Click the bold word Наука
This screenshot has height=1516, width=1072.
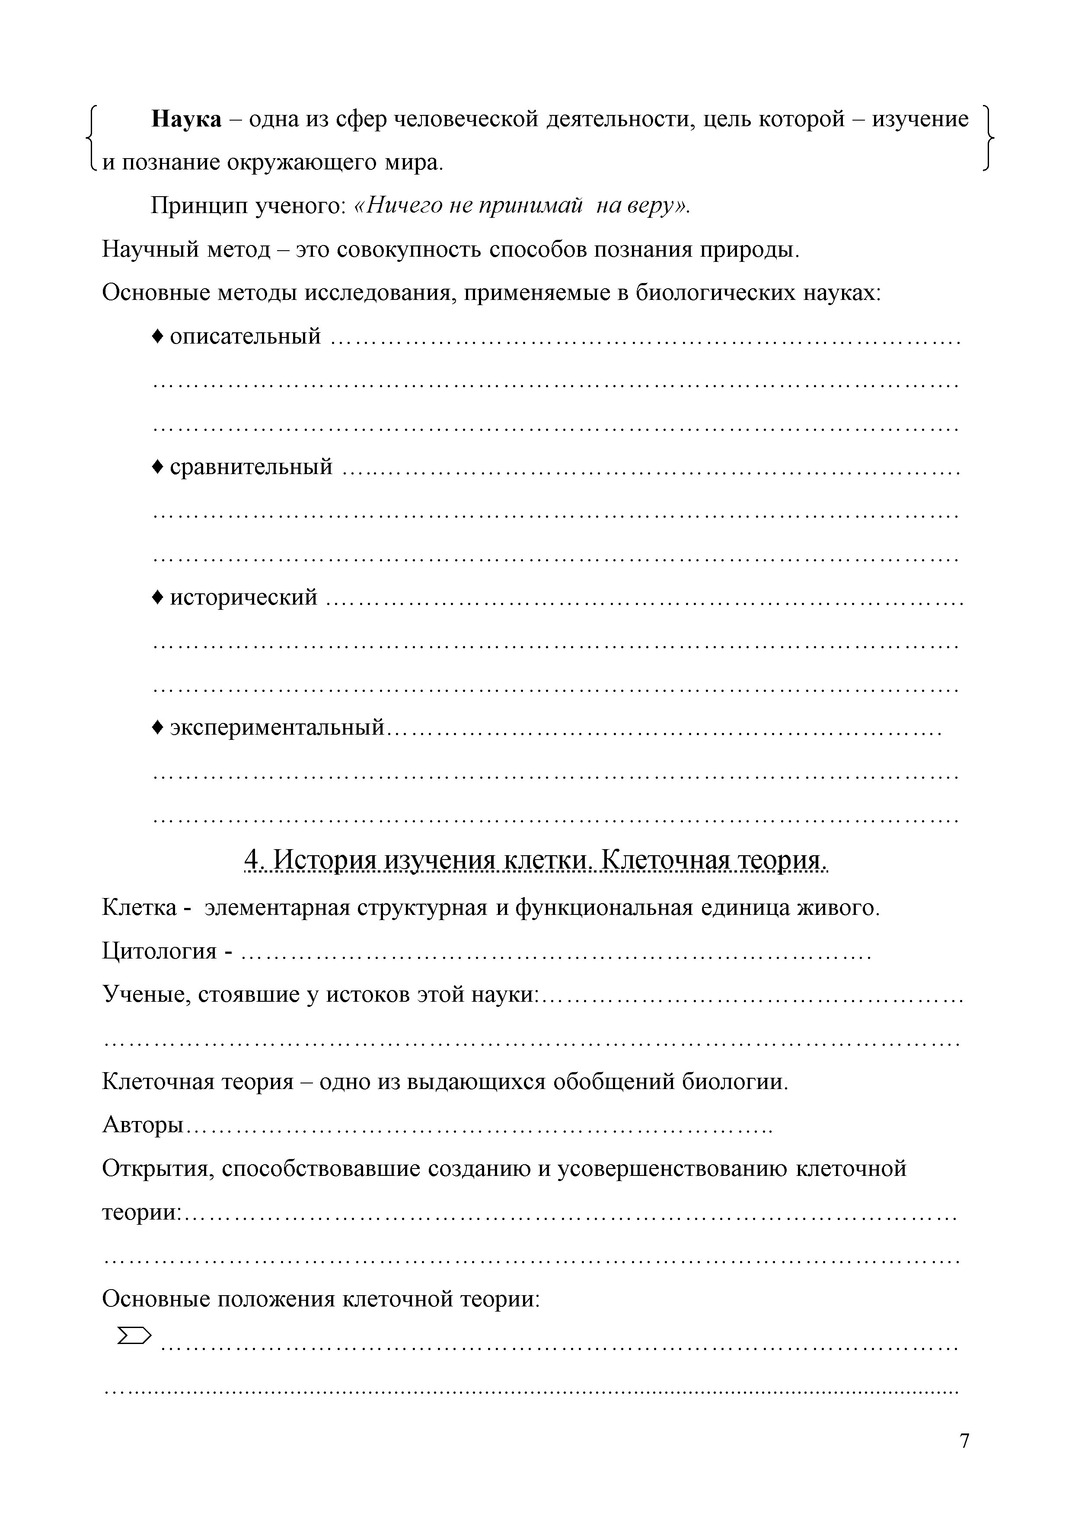[x=187, y=120]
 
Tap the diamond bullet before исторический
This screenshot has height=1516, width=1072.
[x=157, y=597]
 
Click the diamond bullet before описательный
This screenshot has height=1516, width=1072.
[x=157, y=336]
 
